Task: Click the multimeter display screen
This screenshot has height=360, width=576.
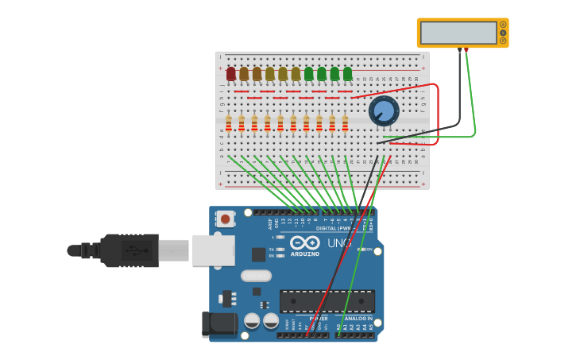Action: [x=458, y=33]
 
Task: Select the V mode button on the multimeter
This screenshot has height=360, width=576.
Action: [x=503, y=33]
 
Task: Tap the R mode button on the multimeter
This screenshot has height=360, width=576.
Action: [x=503, y=41]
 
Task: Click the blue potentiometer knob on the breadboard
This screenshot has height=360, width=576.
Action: [x=384, y=110]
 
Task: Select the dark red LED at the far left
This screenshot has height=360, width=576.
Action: [x=231, y=74]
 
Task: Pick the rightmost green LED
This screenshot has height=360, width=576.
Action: [x=347, y=74]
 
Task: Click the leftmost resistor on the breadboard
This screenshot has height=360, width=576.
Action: [x=229, y=123]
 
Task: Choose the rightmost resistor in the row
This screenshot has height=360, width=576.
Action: [x=345, y=123]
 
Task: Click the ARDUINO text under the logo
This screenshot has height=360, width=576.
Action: [x=305, y=254]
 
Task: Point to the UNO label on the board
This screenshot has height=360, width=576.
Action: [x=339, y=243]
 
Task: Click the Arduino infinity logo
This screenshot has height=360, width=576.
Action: [x=304, y=242]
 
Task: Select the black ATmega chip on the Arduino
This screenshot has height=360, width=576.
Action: [x=327, y=301]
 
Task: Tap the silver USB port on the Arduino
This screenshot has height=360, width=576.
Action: [x=213, y=250]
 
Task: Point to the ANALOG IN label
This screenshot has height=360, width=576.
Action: [x=358, y=319]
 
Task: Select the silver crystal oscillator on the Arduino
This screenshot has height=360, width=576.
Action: [x=256, y=276]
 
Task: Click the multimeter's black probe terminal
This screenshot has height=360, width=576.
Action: [x=459, y=50]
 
